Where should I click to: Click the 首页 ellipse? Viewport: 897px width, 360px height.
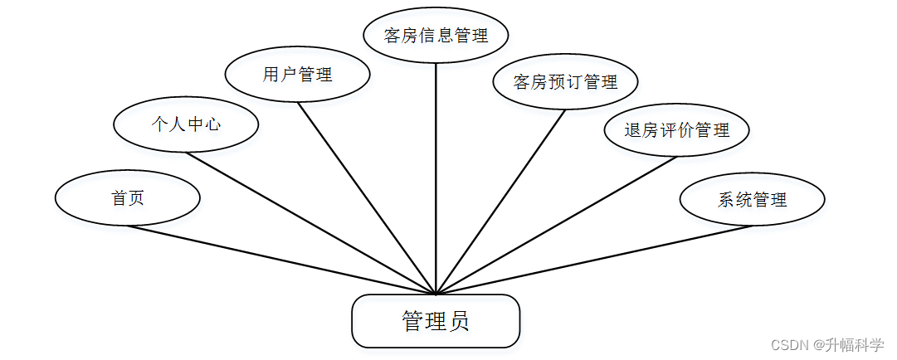(x=128, y=198)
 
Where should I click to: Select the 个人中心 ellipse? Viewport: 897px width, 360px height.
(x=186, y=124)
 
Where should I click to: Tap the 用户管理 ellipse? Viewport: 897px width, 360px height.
(x=297, y=75)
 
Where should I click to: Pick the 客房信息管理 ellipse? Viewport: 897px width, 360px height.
(x=436, y=35)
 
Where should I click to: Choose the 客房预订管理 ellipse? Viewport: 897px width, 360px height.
(x=566, y=82)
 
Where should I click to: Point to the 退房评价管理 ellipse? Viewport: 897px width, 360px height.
(x=677, y=130)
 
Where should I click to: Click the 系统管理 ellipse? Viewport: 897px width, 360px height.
(x=752, y=199)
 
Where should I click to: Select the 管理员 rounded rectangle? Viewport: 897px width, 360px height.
(x=436, y=321)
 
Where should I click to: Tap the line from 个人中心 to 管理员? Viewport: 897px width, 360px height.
(x=311, y=222)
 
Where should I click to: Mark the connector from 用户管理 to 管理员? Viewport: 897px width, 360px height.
(x=367, y=197)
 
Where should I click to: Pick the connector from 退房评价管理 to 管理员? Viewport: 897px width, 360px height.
(x=556, y=225)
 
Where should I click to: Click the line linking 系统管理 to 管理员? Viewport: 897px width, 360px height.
(x=593, y=260)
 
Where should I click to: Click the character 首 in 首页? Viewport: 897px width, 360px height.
(x=119, y=198)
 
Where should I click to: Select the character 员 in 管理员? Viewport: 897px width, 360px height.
(x=459, y=321)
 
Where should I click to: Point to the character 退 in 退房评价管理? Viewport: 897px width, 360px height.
(x=633, y=130)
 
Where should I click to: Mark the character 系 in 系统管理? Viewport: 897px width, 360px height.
(x=726, y=199)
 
